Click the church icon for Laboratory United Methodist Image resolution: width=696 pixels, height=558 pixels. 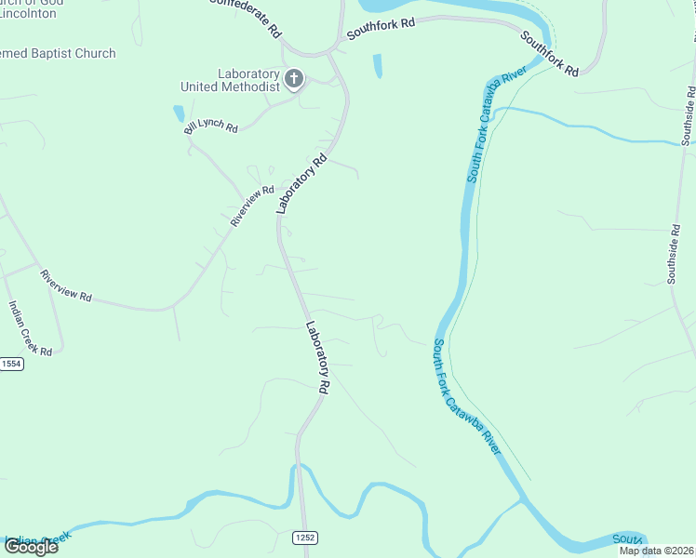tap(294, 79)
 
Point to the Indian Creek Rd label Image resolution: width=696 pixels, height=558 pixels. tap(30, 326)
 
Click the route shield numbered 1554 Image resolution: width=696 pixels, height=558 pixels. tap(10, 364)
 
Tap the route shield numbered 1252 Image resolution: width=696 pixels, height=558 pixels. tap(304, 537)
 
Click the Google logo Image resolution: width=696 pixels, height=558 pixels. tap(31, 546)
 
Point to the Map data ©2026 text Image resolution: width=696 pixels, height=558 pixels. tap(657, 551)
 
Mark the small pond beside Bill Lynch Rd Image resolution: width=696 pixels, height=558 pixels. tap(178, 113)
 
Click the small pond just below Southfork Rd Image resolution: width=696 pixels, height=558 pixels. tap(377, 66)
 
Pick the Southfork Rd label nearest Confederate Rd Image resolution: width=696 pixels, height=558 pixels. tap(381, 27)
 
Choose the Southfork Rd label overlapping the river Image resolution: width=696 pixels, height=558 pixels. tap(549, 54)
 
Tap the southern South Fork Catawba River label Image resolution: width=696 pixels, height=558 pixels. tap(466, 394)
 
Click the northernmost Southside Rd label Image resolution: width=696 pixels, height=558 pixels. tap(689, 115)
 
